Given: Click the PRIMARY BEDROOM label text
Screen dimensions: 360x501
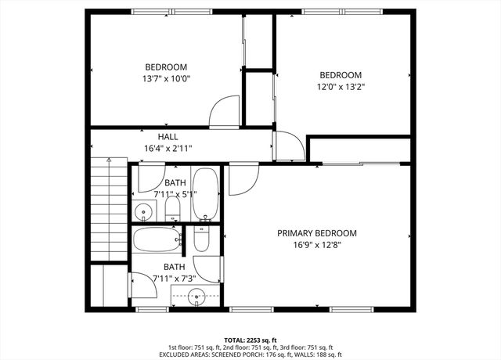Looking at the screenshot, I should (317, 233).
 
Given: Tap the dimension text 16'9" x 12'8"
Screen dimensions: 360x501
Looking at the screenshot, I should (317, 244).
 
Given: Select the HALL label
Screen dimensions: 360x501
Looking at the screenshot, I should (168, 137).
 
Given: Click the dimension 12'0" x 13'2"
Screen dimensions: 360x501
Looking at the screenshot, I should (340, 87).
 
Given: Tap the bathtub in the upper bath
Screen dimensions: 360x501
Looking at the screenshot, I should (206, 193).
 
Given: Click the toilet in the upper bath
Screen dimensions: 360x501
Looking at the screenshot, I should (173, 208).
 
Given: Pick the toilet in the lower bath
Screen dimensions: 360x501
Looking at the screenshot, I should (201, 238).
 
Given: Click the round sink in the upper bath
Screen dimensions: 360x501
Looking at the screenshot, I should (143, 211).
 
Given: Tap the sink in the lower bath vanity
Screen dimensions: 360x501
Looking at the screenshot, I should (198, 295).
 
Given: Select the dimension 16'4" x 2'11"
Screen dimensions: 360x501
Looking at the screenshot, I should (168, 148).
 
